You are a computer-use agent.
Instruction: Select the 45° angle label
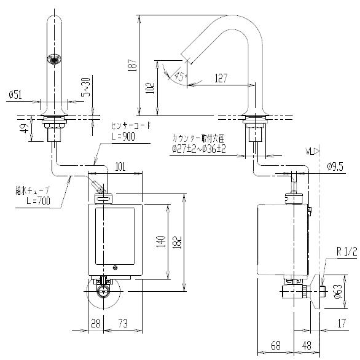click(x=178, y=77)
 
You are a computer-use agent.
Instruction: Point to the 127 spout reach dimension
click(x=222, y=78)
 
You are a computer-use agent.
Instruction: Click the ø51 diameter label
click(x=16, y=95)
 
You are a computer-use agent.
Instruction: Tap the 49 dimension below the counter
click(x=23, y=129)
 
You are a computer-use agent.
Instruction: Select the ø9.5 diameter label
click(x=336, y=166)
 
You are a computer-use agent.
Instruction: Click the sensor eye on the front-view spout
click(x=54, y=60)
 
